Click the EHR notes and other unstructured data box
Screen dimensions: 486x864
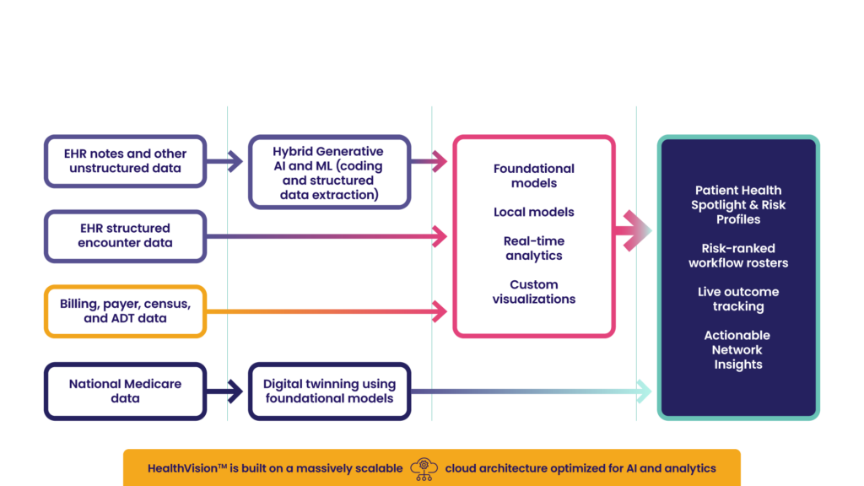125,160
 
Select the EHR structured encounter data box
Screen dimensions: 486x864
125,235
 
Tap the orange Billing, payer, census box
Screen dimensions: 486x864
125,311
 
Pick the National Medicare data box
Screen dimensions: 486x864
125,391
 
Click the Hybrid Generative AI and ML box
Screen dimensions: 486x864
329,173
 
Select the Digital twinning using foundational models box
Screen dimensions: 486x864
329,391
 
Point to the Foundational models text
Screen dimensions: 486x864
533,175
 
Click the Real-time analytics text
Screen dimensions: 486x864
533,248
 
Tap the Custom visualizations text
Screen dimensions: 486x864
533,292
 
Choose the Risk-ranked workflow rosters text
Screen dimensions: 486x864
738,256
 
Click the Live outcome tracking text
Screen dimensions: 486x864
738,299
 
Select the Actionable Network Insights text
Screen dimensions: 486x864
738,350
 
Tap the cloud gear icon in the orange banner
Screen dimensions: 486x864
423,468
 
